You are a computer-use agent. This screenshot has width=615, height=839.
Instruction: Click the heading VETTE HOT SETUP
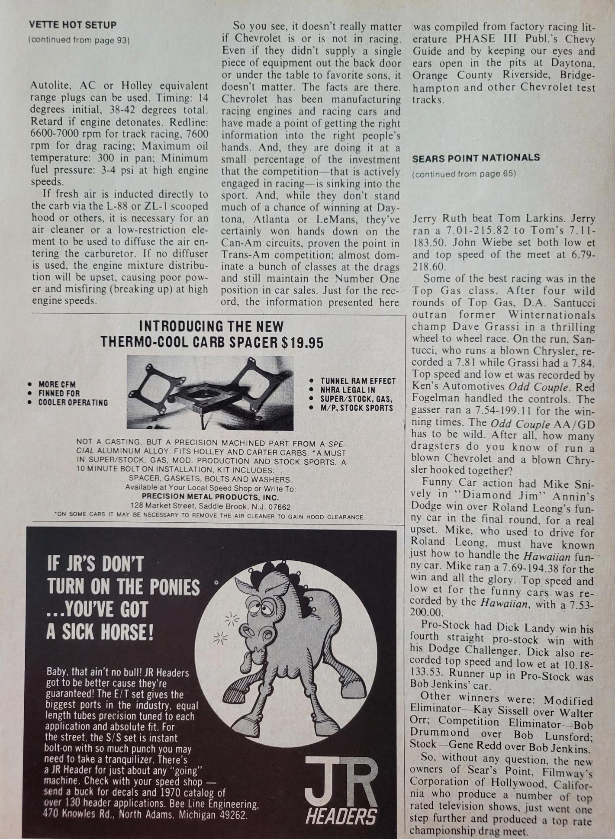72,25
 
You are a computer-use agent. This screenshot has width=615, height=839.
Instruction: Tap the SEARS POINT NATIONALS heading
476,158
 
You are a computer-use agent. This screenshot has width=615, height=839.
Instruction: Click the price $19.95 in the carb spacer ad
302,343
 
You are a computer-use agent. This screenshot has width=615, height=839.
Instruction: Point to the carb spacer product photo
210,393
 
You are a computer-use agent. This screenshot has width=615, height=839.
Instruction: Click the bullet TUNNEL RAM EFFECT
358,381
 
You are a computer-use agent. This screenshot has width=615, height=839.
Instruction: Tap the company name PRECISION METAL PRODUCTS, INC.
210,497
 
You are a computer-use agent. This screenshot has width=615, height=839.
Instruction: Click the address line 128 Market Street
210,506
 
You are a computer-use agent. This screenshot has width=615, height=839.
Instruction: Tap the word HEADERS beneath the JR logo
341,816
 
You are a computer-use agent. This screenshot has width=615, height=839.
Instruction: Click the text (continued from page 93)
79,40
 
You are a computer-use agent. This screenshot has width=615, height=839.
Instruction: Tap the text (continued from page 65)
464,174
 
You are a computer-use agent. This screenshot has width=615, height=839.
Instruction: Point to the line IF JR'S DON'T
95,565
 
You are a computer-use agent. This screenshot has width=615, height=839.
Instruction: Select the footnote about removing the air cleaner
209,517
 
